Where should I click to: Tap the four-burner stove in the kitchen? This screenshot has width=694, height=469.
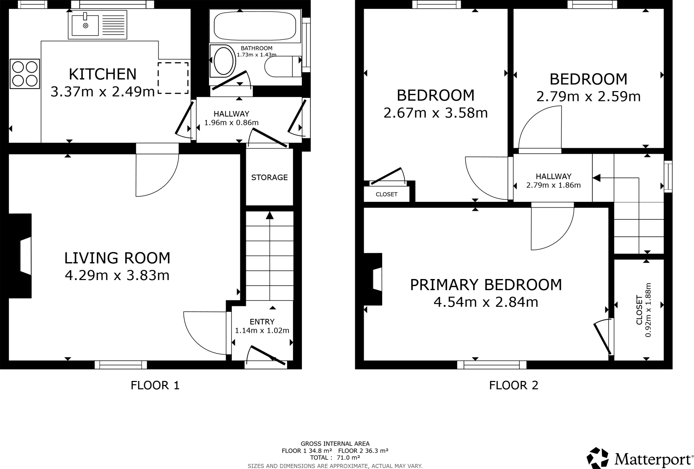pyautogui.click(x=25, y=74)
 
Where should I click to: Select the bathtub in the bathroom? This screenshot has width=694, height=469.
pyautogui.click(x=255, y=26)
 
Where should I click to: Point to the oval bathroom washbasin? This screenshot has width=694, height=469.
pyautogui.click(x=223, y=61)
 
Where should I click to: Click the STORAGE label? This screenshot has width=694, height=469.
pyautogui.click(x=269, y=177)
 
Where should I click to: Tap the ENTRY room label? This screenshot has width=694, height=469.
pyautogui.click(x=262, y=322)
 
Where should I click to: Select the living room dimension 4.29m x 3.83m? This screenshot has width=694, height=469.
pyautogui.click(x=117, y=275)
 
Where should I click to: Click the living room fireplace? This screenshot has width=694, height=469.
pyautogui.click(x=24, y=256)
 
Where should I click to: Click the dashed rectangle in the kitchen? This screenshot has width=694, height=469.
pyautogui.click(x=173, y=78)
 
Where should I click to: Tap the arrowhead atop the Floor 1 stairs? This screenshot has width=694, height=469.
pyautogui.click(x=270, y=215)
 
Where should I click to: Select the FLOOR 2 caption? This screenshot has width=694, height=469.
pyautogui.click(x=513, y=385)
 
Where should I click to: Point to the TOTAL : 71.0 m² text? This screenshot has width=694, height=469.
pyautogui.click(x=335, y=457)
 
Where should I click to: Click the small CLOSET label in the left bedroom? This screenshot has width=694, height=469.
pyautogui.click(x=386, y=194)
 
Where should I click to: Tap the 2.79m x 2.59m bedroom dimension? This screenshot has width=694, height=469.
pyautogui.click(x=588, y=97)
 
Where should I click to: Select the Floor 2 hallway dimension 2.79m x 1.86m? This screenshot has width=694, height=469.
pyautogui.click(x=553, y=185)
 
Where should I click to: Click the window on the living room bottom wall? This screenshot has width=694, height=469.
pyautogui.click(x=121, y=365)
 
